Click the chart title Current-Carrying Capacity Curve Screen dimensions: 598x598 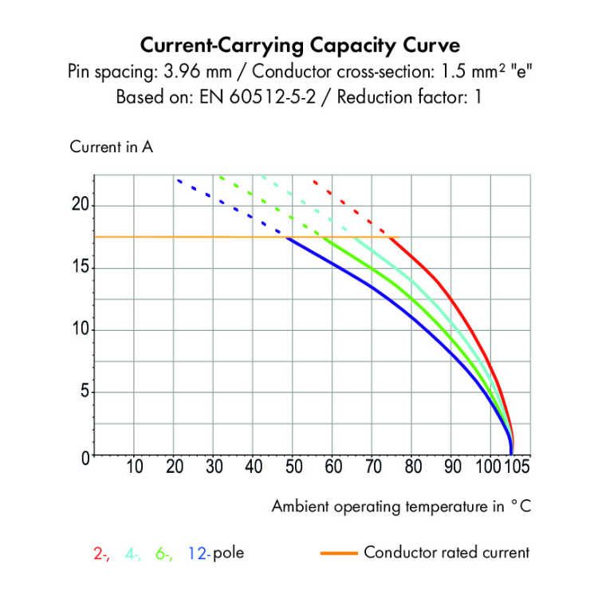299,43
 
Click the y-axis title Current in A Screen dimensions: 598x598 112,148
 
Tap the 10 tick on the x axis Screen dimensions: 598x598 135,467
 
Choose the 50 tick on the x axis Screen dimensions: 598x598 293,467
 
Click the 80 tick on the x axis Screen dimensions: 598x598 411,467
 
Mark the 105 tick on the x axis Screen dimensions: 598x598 517,467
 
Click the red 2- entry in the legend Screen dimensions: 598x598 101,553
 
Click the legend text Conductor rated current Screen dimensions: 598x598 446,552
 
